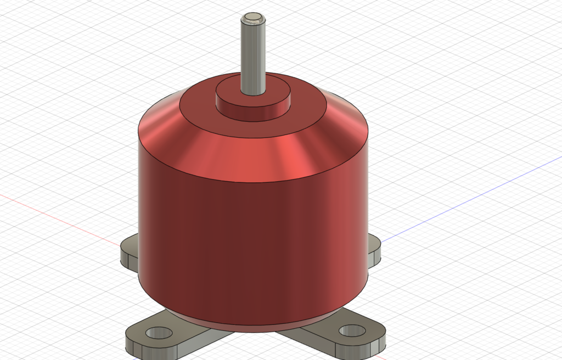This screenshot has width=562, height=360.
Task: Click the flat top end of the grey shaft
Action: pos(253,19)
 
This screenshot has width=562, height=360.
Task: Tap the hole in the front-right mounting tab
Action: pos(352,331)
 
